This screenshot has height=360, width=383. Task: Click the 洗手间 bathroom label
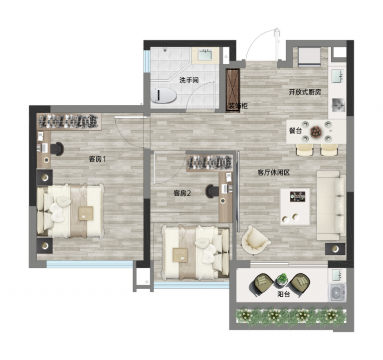189,80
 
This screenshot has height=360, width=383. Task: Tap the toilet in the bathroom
164,96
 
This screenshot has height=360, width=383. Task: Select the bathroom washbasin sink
204,55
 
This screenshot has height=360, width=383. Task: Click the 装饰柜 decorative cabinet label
238,106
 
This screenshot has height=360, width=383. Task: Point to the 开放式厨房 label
305,92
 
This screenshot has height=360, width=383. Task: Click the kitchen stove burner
338,105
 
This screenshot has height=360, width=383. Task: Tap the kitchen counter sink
338,76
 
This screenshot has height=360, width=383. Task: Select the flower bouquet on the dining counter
316,132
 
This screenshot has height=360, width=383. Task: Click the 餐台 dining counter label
295,131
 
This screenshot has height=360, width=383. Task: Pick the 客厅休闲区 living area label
274,173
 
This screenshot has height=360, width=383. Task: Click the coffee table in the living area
295,206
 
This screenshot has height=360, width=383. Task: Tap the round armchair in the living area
255,240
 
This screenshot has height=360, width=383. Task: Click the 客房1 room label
97,159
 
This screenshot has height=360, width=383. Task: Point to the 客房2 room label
182,193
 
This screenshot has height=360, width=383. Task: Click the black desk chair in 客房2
212,191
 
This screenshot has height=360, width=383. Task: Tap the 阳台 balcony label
283,294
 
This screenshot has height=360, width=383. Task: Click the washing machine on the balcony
337,292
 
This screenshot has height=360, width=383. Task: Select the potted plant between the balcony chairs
283,280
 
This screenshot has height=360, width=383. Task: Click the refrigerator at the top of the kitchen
309,57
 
